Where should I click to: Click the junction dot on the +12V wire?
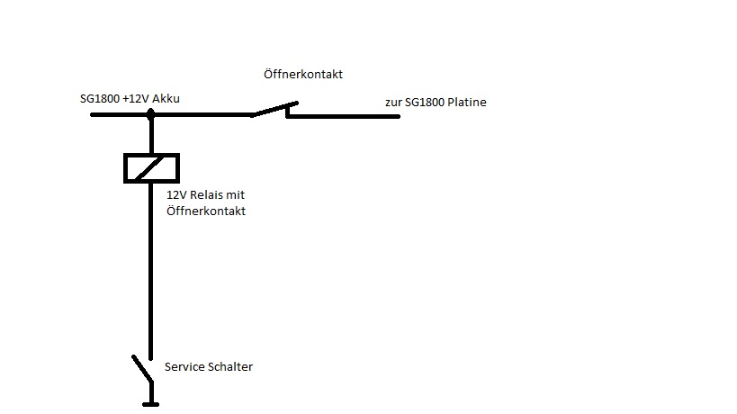pyautogui.click(x=150, y=114)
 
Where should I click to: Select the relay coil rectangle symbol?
pyautogui.click(x=151, y=168)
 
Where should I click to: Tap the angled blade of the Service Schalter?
pyautogui.click(x=142, y=368)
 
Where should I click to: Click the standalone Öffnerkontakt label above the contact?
pyautogui.click(x=303, y=74)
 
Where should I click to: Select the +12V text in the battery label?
pyautogui.click(x=135, y=98)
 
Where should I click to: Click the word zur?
pyautogui.click(x=392, y=103)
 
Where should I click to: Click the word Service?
pyautogui.click(x=185, y=367)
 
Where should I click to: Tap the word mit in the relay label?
pyautogui.click(x=236, y=195)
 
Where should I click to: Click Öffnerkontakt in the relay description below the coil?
pyautogui.click(x=206, y=211)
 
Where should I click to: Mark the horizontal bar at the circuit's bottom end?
pyautogui.click(x=151, y=403)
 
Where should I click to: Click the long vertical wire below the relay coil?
pyautogui.click(x=150, y=270)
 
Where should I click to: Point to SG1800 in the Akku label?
pyautogui.click(x=99, y=98)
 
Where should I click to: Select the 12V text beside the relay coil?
pyautogui.click(x=175, y=195)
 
